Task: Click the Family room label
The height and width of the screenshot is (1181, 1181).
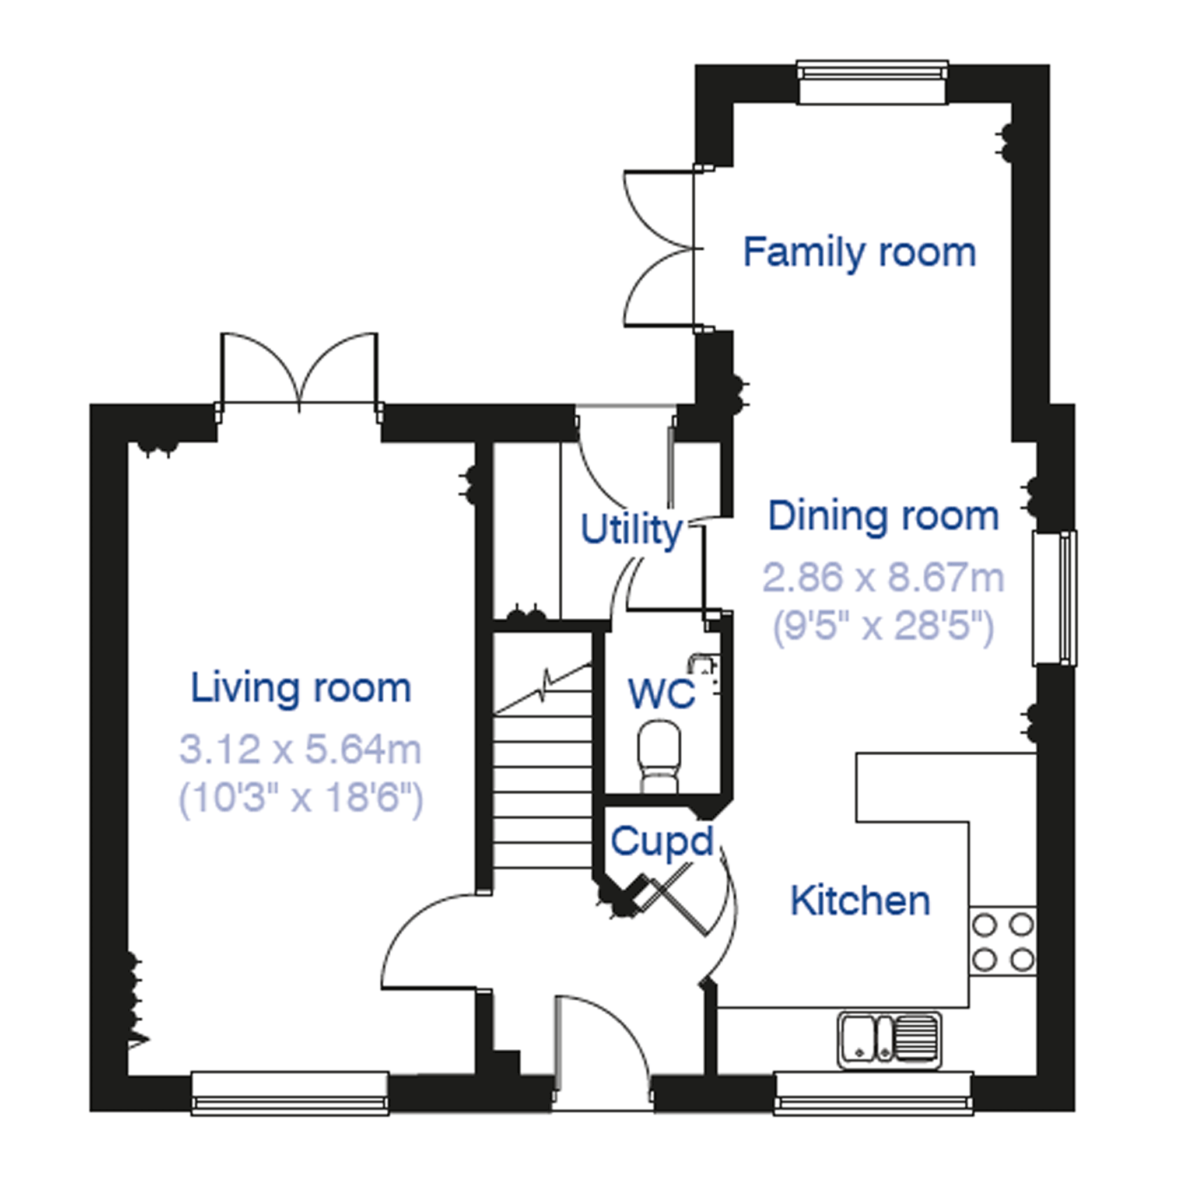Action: (x=859, y=252)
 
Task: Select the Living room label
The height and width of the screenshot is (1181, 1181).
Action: (x=301, y=688)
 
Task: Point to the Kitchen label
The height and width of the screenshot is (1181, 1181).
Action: (x=860, y=900)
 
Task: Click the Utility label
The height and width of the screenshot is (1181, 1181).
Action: (x=631, y=530)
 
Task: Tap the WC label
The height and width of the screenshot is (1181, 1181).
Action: (x=661, y=693)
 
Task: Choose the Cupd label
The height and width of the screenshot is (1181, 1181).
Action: (x=662, y=842)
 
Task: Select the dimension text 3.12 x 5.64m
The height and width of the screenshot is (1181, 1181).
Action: (x=300, y=749)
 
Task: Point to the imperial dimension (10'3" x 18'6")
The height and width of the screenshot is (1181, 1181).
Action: (x=300, y=798)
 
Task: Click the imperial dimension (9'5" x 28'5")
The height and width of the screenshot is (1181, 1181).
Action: (x=884, y=626)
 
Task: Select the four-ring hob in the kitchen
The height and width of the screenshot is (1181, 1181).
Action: (x=1003, y=941)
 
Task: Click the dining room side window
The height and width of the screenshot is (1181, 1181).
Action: (x=1054, y=598)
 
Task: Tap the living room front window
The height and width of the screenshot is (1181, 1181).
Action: (x=290, y=1098)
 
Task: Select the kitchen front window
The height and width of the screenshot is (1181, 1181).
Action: (x=874, y=1098)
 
